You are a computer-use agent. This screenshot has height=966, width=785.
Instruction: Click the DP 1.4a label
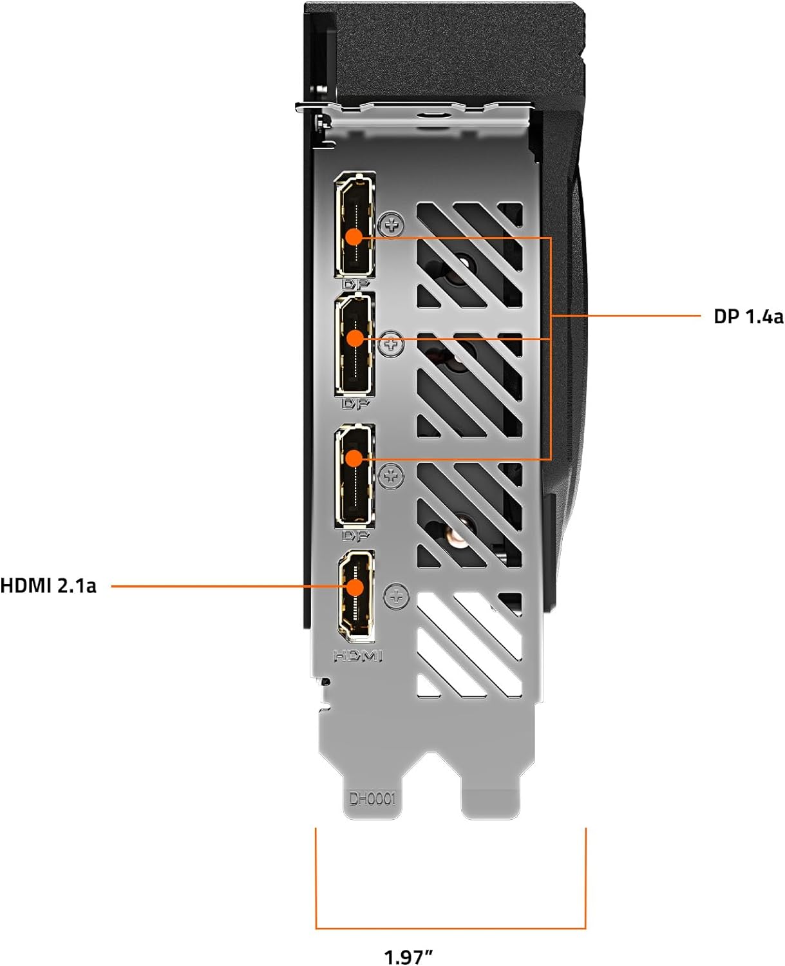pos(748,316)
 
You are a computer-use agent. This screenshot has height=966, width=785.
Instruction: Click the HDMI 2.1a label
pos(48,586)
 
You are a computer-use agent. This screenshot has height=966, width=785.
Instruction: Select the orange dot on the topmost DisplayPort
pos(354,236)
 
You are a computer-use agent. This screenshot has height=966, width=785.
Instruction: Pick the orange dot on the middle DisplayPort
pos(355,338)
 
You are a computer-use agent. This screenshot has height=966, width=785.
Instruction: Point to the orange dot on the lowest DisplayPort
pos(354,458)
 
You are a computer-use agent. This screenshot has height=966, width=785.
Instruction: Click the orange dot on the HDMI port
pos(355,587)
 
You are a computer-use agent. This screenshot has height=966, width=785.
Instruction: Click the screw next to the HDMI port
pos(396,597)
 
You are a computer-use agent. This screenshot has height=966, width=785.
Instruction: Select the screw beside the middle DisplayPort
pos(391,344)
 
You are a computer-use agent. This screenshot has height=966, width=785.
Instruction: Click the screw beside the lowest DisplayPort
pos(391,477)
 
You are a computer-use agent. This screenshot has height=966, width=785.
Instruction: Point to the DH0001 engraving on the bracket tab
pos(372,799)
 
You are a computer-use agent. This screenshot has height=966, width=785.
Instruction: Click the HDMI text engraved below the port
pos(358,656)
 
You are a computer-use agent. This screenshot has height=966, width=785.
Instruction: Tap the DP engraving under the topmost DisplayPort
pos(355,283)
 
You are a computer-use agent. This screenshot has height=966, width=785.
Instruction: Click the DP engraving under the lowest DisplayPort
pos(355,535)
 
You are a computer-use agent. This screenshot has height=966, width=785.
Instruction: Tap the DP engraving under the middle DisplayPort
pos(355,404)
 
